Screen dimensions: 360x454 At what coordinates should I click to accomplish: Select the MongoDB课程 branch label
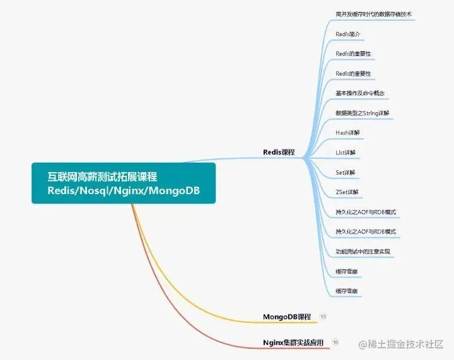click(x=287, y=316)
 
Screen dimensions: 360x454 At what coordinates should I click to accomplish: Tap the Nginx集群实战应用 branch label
click(x=293, y=342)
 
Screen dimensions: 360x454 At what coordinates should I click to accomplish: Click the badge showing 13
click(x=323, y=316)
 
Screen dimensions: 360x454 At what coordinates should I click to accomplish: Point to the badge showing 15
click(x=335, y=342)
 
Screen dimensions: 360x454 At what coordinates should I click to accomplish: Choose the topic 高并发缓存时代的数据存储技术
click(x=374, y=13)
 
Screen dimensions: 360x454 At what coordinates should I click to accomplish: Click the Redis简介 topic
click(x=348, y=33)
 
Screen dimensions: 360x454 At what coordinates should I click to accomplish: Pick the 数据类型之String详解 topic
click(x=363, y=113)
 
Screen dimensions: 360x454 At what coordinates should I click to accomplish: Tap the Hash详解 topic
click(x=347, y=132)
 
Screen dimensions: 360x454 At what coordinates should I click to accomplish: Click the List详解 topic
click(x=346, y=153)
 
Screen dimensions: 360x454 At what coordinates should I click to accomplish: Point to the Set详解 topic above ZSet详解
click(x=346, y=172)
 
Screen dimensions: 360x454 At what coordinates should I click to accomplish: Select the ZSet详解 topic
click(x=347, y=192)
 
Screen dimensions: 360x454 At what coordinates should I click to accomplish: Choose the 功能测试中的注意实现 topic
click(x=363, y=252)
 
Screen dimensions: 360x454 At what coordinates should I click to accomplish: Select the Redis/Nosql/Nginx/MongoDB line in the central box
click(x=124, y=190)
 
